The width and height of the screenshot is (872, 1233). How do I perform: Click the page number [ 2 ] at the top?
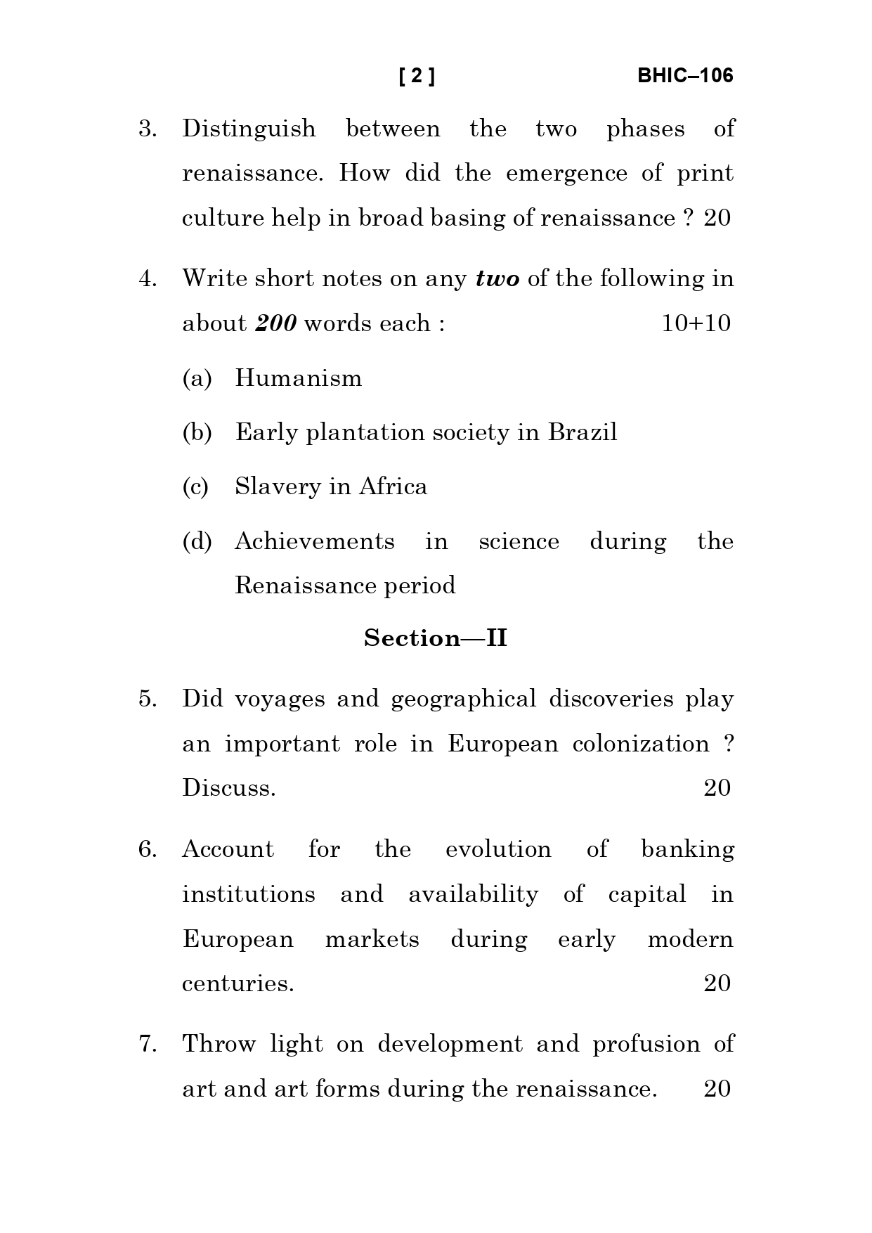click(417, 76)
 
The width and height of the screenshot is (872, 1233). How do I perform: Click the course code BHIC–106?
click(685, 76)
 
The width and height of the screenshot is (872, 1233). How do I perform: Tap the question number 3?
click(148, 129)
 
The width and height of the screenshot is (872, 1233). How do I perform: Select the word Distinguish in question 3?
click(249, 129)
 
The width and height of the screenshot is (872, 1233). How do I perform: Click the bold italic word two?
click(497, 279)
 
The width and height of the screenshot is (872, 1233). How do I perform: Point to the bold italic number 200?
click(275, 323)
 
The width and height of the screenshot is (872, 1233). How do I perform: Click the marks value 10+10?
click(696, 323)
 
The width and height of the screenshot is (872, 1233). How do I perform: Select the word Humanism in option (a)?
click(299, 378)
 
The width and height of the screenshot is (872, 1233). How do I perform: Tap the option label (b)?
click(197, 432)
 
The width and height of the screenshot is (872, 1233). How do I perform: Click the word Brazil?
click(583, 432)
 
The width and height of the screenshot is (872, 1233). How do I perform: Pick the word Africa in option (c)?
click(393, 486)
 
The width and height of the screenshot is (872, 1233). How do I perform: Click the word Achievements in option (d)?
click(315, 541)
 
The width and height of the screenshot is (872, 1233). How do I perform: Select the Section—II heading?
click(436, 638)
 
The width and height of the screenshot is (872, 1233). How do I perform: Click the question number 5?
click(148, 699)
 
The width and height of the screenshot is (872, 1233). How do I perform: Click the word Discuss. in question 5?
click(229, 788)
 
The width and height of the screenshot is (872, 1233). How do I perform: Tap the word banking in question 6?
click(688, 850)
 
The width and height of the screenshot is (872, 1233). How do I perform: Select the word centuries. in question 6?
click(238, 983)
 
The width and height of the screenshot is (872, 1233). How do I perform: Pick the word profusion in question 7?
click(646, 1045)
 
